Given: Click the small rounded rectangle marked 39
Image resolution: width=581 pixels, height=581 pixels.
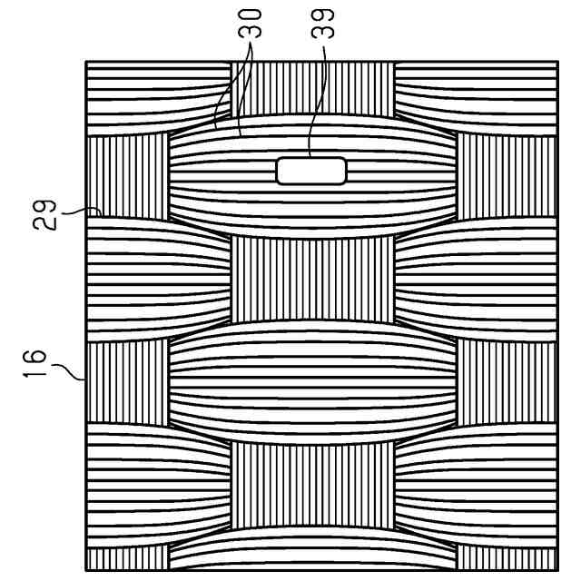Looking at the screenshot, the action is [x=311, y=170].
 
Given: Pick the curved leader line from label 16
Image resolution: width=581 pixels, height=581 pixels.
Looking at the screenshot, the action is [x=71, y=368].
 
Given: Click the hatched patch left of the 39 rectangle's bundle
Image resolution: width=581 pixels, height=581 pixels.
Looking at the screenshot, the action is [x=128, y=177].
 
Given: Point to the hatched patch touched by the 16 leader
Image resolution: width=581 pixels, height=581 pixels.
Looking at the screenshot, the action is [x=128, y=381].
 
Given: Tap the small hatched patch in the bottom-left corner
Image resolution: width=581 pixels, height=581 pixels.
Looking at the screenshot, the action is [x=128, y=557].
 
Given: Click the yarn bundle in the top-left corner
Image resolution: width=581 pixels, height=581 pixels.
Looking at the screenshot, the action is [x=154, y=98].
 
